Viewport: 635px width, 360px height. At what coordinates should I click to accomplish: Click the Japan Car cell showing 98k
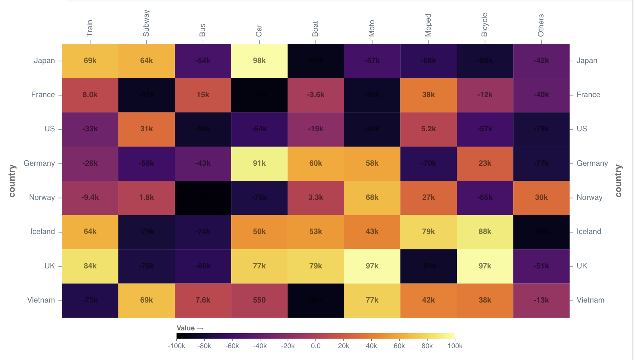[x=259, y=61]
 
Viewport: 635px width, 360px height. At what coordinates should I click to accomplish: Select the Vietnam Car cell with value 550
[x=259, y=300]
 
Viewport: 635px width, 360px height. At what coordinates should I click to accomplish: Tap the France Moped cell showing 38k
[x=428, y=95]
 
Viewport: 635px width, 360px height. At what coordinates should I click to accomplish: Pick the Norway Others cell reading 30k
[x=541, y=197]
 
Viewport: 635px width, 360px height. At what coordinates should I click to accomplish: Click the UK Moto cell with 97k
[x=372, y=266]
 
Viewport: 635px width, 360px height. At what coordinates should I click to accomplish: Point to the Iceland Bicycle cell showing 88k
[x=485, y=232]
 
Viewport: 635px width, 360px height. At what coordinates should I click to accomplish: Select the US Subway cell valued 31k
[x=146, y=129]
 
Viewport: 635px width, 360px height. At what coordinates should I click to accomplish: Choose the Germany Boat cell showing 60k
[x=315, y=163]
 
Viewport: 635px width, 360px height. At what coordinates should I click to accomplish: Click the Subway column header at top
[x=146, y=23]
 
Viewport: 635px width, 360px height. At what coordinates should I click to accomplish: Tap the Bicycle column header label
[x=485, y=25]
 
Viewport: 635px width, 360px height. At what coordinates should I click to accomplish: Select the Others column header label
[x=541, y=25]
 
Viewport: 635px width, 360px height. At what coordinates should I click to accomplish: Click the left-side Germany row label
[x=39, y=163]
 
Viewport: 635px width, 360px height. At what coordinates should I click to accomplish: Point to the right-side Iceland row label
[x=589, y=232]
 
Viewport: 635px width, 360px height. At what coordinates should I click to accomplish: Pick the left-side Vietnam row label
[x=41, y=300]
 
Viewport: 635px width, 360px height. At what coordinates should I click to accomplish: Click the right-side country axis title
[x=618, y=181]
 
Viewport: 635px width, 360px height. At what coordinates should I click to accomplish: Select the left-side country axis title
[x=12, y=181]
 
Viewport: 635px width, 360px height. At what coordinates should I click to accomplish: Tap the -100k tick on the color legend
[x=177, y=346]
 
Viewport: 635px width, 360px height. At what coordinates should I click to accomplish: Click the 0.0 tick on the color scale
[x=315, y=346]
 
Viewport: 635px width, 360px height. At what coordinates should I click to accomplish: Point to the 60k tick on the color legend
[x=399, y=346]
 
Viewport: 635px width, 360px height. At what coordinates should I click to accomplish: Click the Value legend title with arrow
[x=190, y=328]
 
